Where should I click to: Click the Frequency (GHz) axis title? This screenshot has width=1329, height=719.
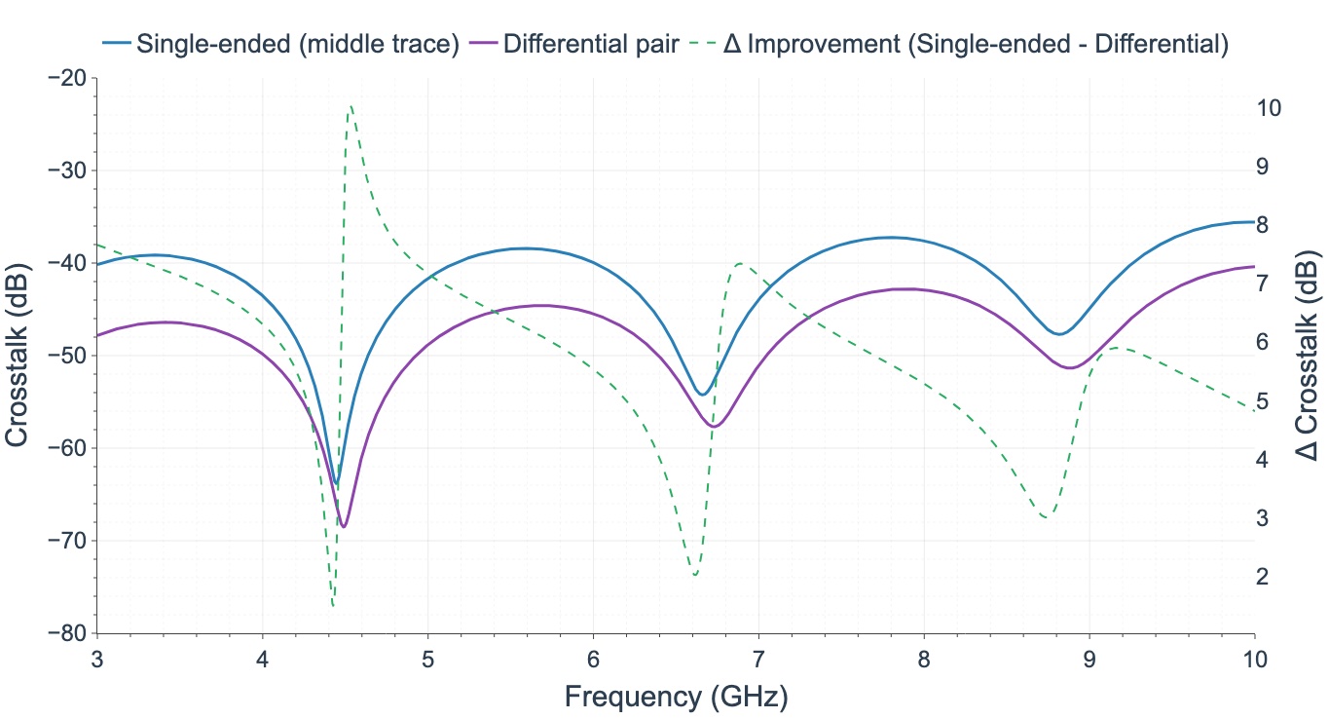[676, 696]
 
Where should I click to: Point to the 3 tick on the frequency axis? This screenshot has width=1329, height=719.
[96, 658]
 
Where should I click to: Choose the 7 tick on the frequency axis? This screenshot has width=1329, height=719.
[758, 658]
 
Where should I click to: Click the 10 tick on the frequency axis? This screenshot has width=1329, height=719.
[1254, 658]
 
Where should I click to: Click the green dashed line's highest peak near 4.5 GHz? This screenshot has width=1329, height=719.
[351, 105]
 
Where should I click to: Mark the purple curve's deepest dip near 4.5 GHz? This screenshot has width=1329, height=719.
[344, 527]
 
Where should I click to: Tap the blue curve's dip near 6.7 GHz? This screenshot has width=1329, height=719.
[702, 395]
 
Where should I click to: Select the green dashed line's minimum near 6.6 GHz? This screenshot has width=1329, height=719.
[694, 575]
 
